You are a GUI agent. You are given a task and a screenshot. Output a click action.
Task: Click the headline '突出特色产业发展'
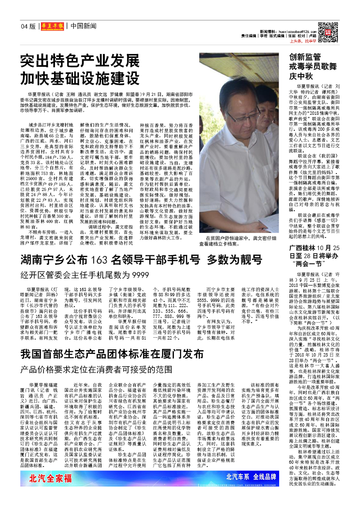pyautogui.click(x=80, y=61)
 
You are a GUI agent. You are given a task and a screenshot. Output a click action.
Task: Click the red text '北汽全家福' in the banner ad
pyautogui.click(x=50, y=479)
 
